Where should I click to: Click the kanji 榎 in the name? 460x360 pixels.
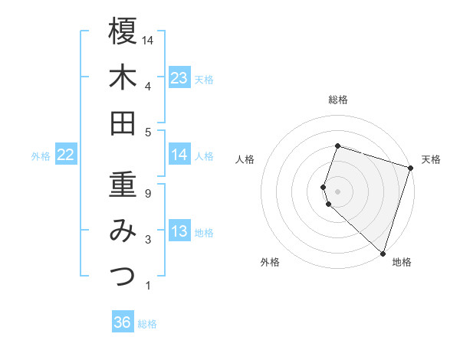tap(123, 31)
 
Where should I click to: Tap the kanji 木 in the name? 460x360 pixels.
tap(123, 77)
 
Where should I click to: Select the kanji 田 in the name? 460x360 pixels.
tap(123, 123)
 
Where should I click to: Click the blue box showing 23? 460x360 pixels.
tap(179, 78)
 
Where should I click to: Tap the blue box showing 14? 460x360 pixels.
tap(179, 155)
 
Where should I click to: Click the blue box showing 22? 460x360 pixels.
tap(65, 155)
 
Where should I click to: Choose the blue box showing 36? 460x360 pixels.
tap(123, 322)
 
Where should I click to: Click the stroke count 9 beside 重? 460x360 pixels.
tap(148, 194)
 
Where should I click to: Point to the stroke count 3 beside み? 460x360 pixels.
tap(148, 240)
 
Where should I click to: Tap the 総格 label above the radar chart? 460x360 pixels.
tap(338, 100)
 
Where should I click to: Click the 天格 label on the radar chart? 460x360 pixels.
tap(432, 159)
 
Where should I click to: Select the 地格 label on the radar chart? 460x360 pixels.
tap(402, 262)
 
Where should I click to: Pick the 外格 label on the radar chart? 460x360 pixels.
tap(270, 262)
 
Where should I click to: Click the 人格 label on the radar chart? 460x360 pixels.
tap(245, 159)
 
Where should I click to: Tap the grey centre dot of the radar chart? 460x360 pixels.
tap(337, 191)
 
